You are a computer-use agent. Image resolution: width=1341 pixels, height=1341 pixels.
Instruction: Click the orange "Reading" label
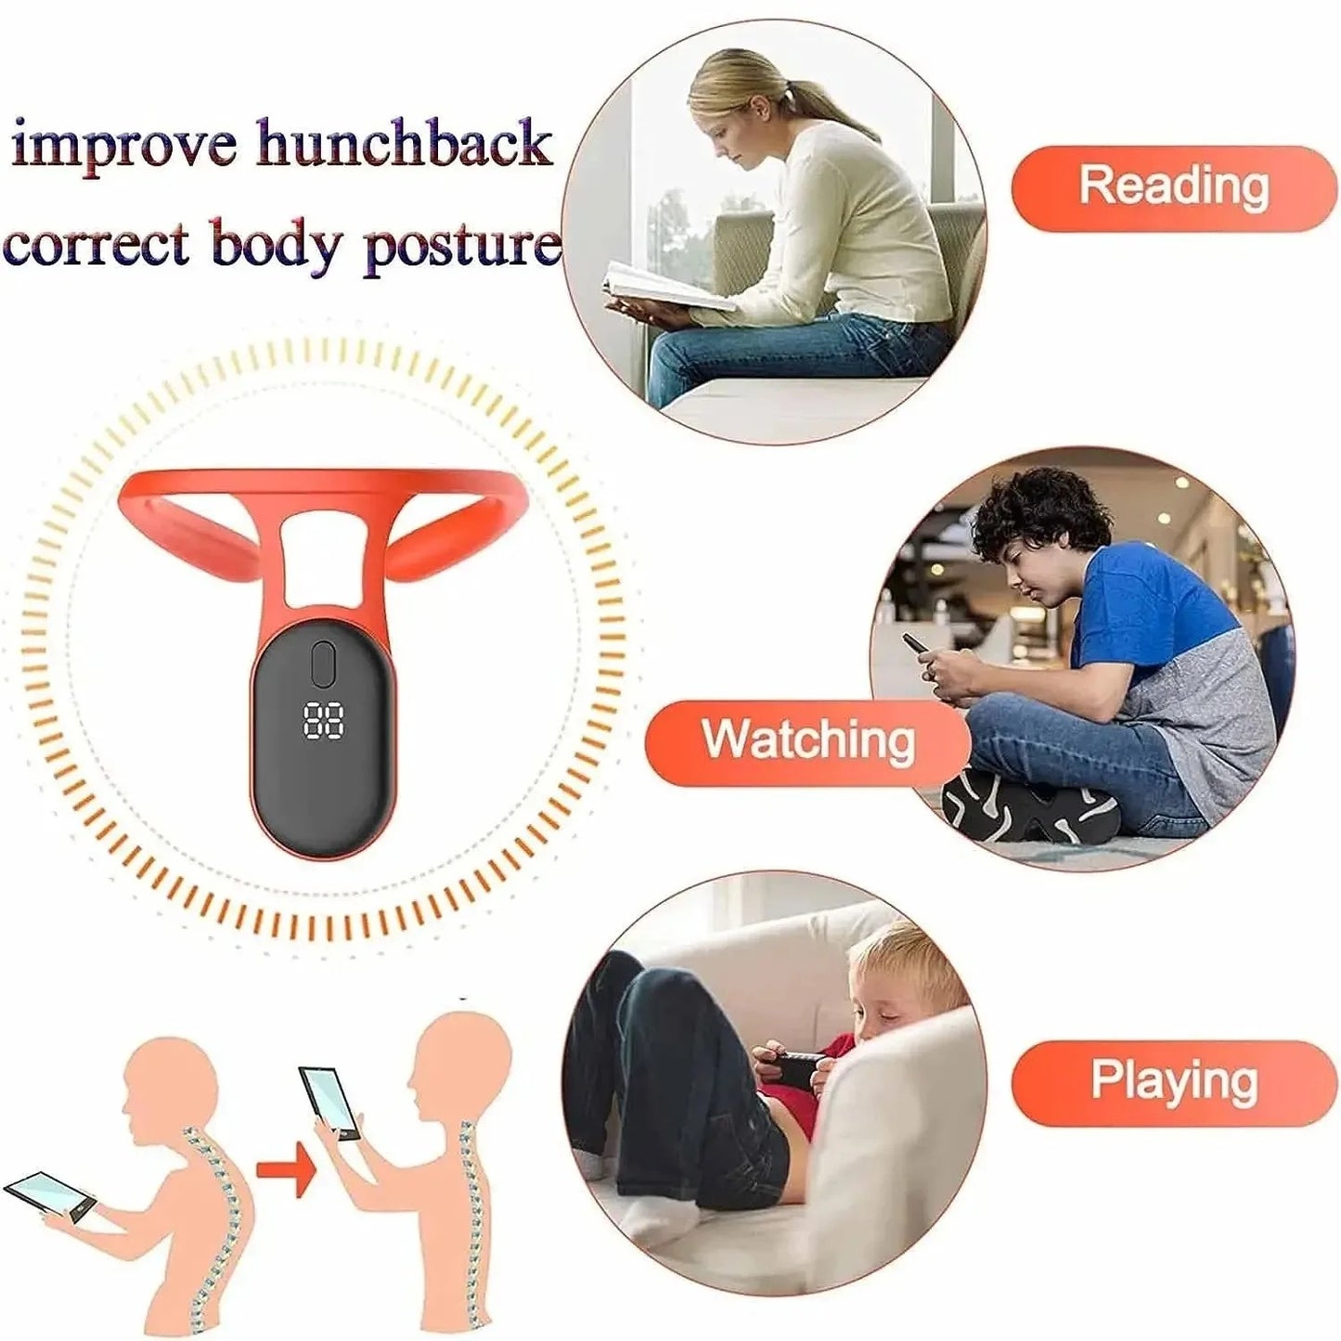point(1173,187)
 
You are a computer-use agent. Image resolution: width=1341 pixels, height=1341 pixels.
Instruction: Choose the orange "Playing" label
point(1173,1082)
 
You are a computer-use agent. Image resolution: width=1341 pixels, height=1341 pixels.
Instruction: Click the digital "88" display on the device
point(324,719)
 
